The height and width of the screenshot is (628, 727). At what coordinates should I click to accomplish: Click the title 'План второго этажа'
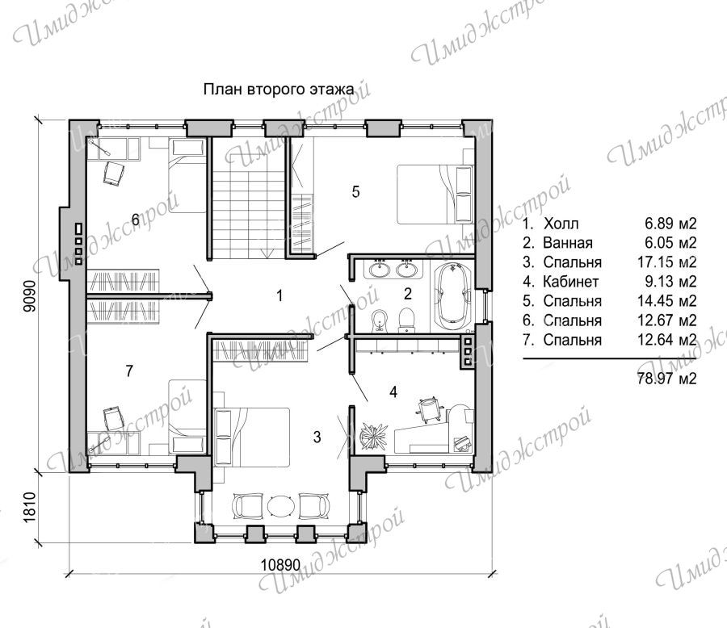(279, 89)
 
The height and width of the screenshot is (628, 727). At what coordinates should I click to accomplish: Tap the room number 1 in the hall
(279, 295)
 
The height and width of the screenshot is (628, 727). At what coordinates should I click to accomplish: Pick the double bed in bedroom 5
(435, 194)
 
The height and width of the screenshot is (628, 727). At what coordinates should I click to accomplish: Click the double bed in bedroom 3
(251, 438)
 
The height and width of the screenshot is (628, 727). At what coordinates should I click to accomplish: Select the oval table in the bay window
(281, 505)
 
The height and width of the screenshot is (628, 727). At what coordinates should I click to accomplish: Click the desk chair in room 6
(114, 173)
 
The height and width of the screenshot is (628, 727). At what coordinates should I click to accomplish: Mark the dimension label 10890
(280, 565)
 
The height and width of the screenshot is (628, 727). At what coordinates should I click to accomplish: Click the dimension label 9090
(29, 297)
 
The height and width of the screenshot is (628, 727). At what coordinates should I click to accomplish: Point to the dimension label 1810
(29, 507)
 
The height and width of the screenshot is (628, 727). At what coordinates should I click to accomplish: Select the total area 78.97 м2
(666, 379)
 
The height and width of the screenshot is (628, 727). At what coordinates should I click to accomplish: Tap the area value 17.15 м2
(666, 262)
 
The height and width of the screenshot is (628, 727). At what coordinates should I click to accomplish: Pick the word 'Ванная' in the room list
(568, 242)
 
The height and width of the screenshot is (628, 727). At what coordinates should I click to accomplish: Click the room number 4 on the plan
(393, 392)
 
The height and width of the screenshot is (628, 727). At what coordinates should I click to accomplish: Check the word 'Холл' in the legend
(561, 224)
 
